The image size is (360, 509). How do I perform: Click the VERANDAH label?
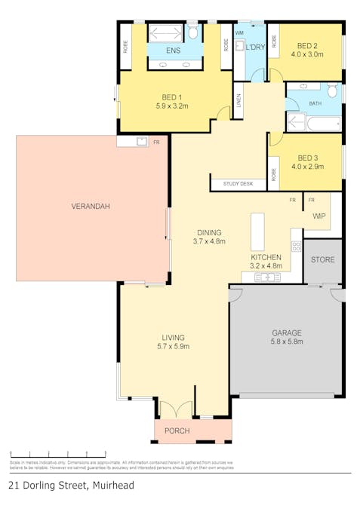(86, 206)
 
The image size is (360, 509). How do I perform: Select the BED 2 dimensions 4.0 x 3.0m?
(306, 54)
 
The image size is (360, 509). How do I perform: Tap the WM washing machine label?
(239, 33)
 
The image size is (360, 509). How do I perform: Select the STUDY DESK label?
(237, 184)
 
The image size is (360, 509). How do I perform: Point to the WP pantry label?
(318, 216)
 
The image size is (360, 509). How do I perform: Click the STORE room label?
(323, 259)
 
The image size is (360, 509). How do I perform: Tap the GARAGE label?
(286, 333)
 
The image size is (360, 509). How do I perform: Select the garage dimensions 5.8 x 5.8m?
(286, 342)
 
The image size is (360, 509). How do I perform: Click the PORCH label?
(177, 431)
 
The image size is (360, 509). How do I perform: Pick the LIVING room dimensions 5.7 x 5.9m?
(173, 346)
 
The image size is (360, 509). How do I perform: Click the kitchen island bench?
(258, 232)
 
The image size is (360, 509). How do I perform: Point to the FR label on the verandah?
(156, 142)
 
